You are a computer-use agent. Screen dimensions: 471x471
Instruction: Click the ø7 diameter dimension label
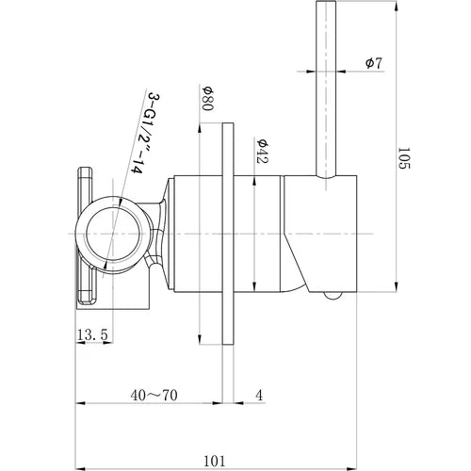(374, 63)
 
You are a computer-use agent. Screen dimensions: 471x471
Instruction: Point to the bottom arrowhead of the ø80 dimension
(202, 339)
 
